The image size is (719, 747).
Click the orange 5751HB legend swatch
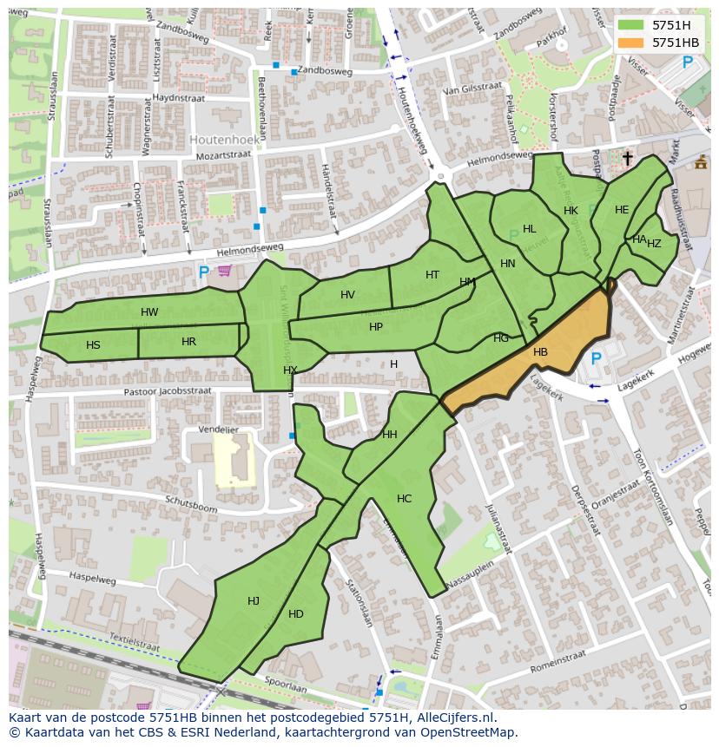(x=631, y=43)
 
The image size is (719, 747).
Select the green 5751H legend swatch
(x=631, y=25)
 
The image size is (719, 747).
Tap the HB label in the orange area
(x=540, y=352)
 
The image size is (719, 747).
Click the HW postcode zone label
(x=149, y=312)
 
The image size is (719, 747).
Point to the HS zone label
(x=93, y=345)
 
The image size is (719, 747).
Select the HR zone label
(x=188, y=342)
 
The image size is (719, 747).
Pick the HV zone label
(x=347, y=295)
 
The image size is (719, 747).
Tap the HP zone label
(x=375, y=327)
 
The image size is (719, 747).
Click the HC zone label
(x=404, y=499)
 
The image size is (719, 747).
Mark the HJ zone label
(x=254, y=601)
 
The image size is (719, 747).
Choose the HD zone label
(x=296, y=614)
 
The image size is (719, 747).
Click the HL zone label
(x=529, y=229)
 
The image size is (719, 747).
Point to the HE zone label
(x=622, y=210)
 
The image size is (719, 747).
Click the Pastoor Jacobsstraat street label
(x=167, y=391)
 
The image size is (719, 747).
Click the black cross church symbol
(x=627, y=158)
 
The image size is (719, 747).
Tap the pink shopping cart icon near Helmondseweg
(x=225, y=271)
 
